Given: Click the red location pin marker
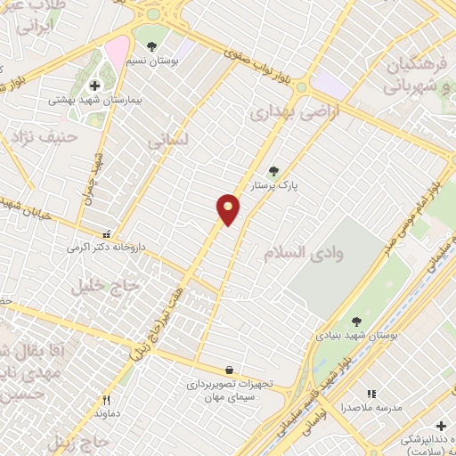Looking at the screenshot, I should click(229, 209).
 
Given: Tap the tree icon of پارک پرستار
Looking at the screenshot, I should click(273, 172).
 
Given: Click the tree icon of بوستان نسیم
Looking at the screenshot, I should click(152, 45).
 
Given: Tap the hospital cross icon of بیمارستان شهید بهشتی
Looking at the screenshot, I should click(94, 85).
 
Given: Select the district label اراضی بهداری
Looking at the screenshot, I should click(283, 113).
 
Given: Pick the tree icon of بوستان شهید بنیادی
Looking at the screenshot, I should click(356, 322).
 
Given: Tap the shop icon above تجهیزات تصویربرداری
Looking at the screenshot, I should click(230, 370).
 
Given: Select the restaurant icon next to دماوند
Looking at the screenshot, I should click(106, 401).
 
